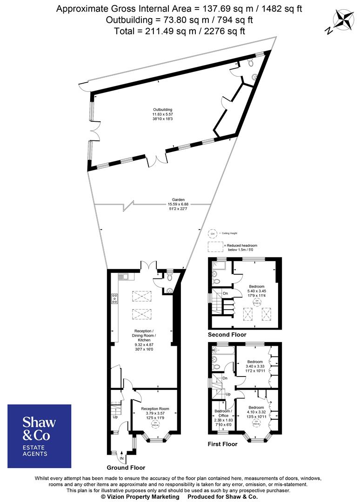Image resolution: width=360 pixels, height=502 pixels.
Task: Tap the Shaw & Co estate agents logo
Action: click(x=40, y=436)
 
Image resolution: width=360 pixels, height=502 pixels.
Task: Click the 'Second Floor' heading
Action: click(x=227, y=335)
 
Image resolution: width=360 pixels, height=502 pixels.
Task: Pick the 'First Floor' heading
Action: click(x=222, y=444)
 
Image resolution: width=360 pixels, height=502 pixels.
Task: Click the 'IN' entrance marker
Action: click(x=122, y=458)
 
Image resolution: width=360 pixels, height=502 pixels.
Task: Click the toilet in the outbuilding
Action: click(x=250, y=62)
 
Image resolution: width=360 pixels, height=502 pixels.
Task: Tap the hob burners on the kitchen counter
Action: click(x=114, y=299)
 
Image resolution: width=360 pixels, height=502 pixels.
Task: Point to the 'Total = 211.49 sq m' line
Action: click(x=180, y=31)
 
